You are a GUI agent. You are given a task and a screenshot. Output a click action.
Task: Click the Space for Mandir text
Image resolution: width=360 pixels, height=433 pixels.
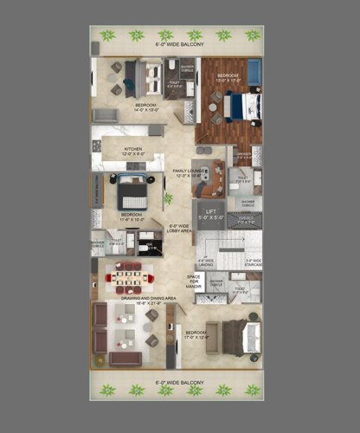(195, 281)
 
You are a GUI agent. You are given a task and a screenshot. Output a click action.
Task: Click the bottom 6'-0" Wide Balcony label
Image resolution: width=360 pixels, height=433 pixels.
(178, 379)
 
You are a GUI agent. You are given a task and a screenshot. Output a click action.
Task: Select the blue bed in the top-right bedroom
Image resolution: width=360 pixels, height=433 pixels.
(241, 107)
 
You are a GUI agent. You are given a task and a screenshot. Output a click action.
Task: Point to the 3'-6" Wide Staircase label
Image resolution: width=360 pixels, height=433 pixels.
(253, 263)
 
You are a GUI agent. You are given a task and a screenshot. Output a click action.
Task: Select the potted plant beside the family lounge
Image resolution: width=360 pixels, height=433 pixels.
(168, 198)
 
